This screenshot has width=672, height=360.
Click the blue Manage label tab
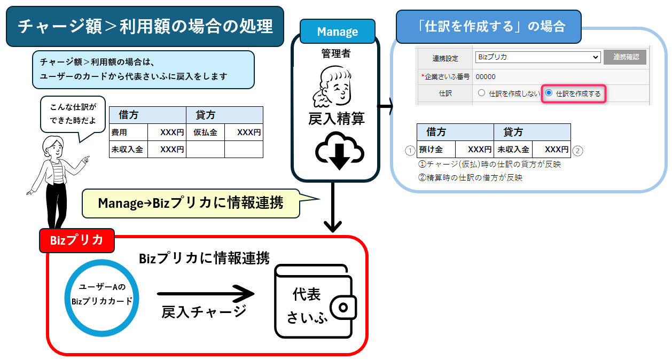[x=337, y=32]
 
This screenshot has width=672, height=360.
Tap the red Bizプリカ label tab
[x=76, y=240]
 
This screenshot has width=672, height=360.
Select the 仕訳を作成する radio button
[x=549, y=93]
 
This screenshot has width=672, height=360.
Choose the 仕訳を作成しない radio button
[x=481, y=93]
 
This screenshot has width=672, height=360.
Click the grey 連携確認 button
[x=624, y=57]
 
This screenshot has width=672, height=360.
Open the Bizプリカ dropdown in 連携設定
[x=537, y=57]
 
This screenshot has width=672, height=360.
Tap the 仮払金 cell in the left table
[x=205, y=132]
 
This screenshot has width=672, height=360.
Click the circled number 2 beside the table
[x=578, y=150]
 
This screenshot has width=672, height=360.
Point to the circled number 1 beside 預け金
[x=410, y=150]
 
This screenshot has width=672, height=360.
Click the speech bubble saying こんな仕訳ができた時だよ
[x=73, y=114]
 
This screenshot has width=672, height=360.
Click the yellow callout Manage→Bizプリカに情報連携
[x=191, y=204]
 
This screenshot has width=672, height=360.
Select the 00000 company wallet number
[x=485, y=76]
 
